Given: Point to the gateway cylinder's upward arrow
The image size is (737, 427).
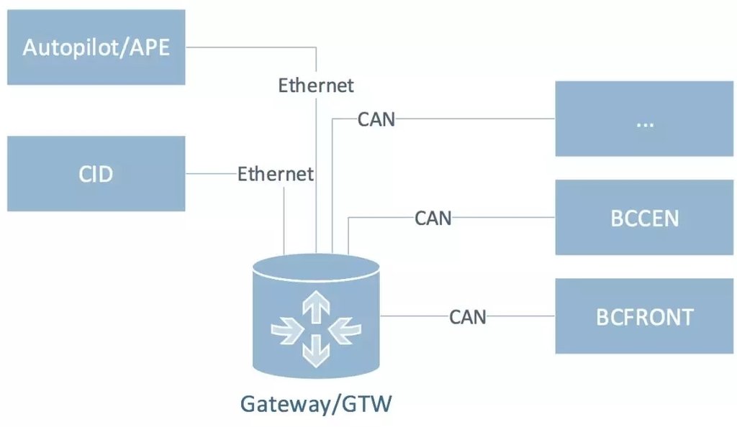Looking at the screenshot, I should point(315,308).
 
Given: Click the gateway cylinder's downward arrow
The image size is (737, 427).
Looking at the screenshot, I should point(315,350).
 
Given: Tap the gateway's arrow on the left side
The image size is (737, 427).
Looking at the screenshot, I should point(286,330).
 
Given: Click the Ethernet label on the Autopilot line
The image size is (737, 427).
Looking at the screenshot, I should point(316,86).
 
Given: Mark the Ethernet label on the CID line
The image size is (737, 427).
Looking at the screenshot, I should point(276,174).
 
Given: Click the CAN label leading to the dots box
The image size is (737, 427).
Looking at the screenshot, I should point(376,119).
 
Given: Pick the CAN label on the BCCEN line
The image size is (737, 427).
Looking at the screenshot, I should point(433,218).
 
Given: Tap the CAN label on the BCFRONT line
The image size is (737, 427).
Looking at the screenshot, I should point(468,316).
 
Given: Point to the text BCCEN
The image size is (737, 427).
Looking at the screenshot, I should point(644,219).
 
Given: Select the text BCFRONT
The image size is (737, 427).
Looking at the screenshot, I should point(644,317).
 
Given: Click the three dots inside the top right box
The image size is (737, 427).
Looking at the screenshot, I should point(644,122).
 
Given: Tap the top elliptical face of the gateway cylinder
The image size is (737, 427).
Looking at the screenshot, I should point(316,270).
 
